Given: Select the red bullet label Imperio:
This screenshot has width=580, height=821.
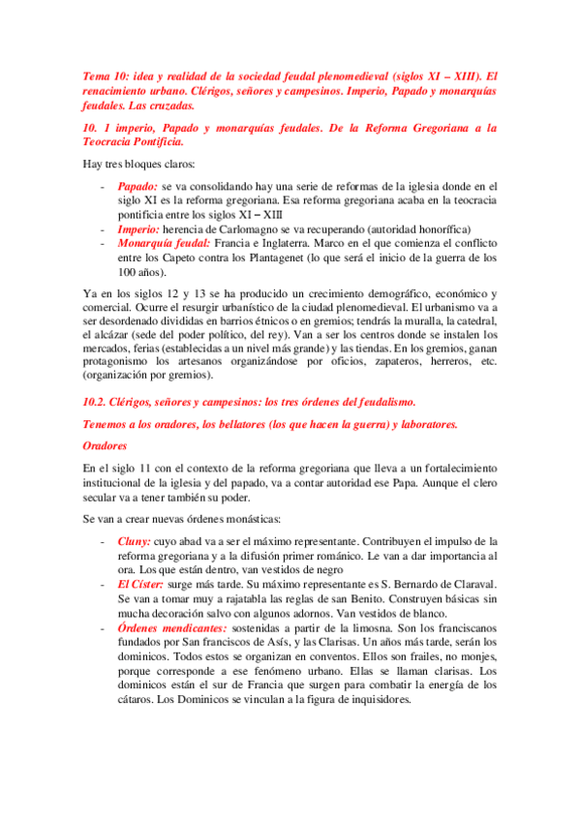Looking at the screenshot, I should point(140,229).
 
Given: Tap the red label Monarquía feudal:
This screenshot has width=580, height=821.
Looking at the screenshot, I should point(163,244).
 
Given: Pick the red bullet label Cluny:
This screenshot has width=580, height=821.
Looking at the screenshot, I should point(135,540).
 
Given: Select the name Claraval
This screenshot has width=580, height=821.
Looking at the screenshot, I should point(468,585).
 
